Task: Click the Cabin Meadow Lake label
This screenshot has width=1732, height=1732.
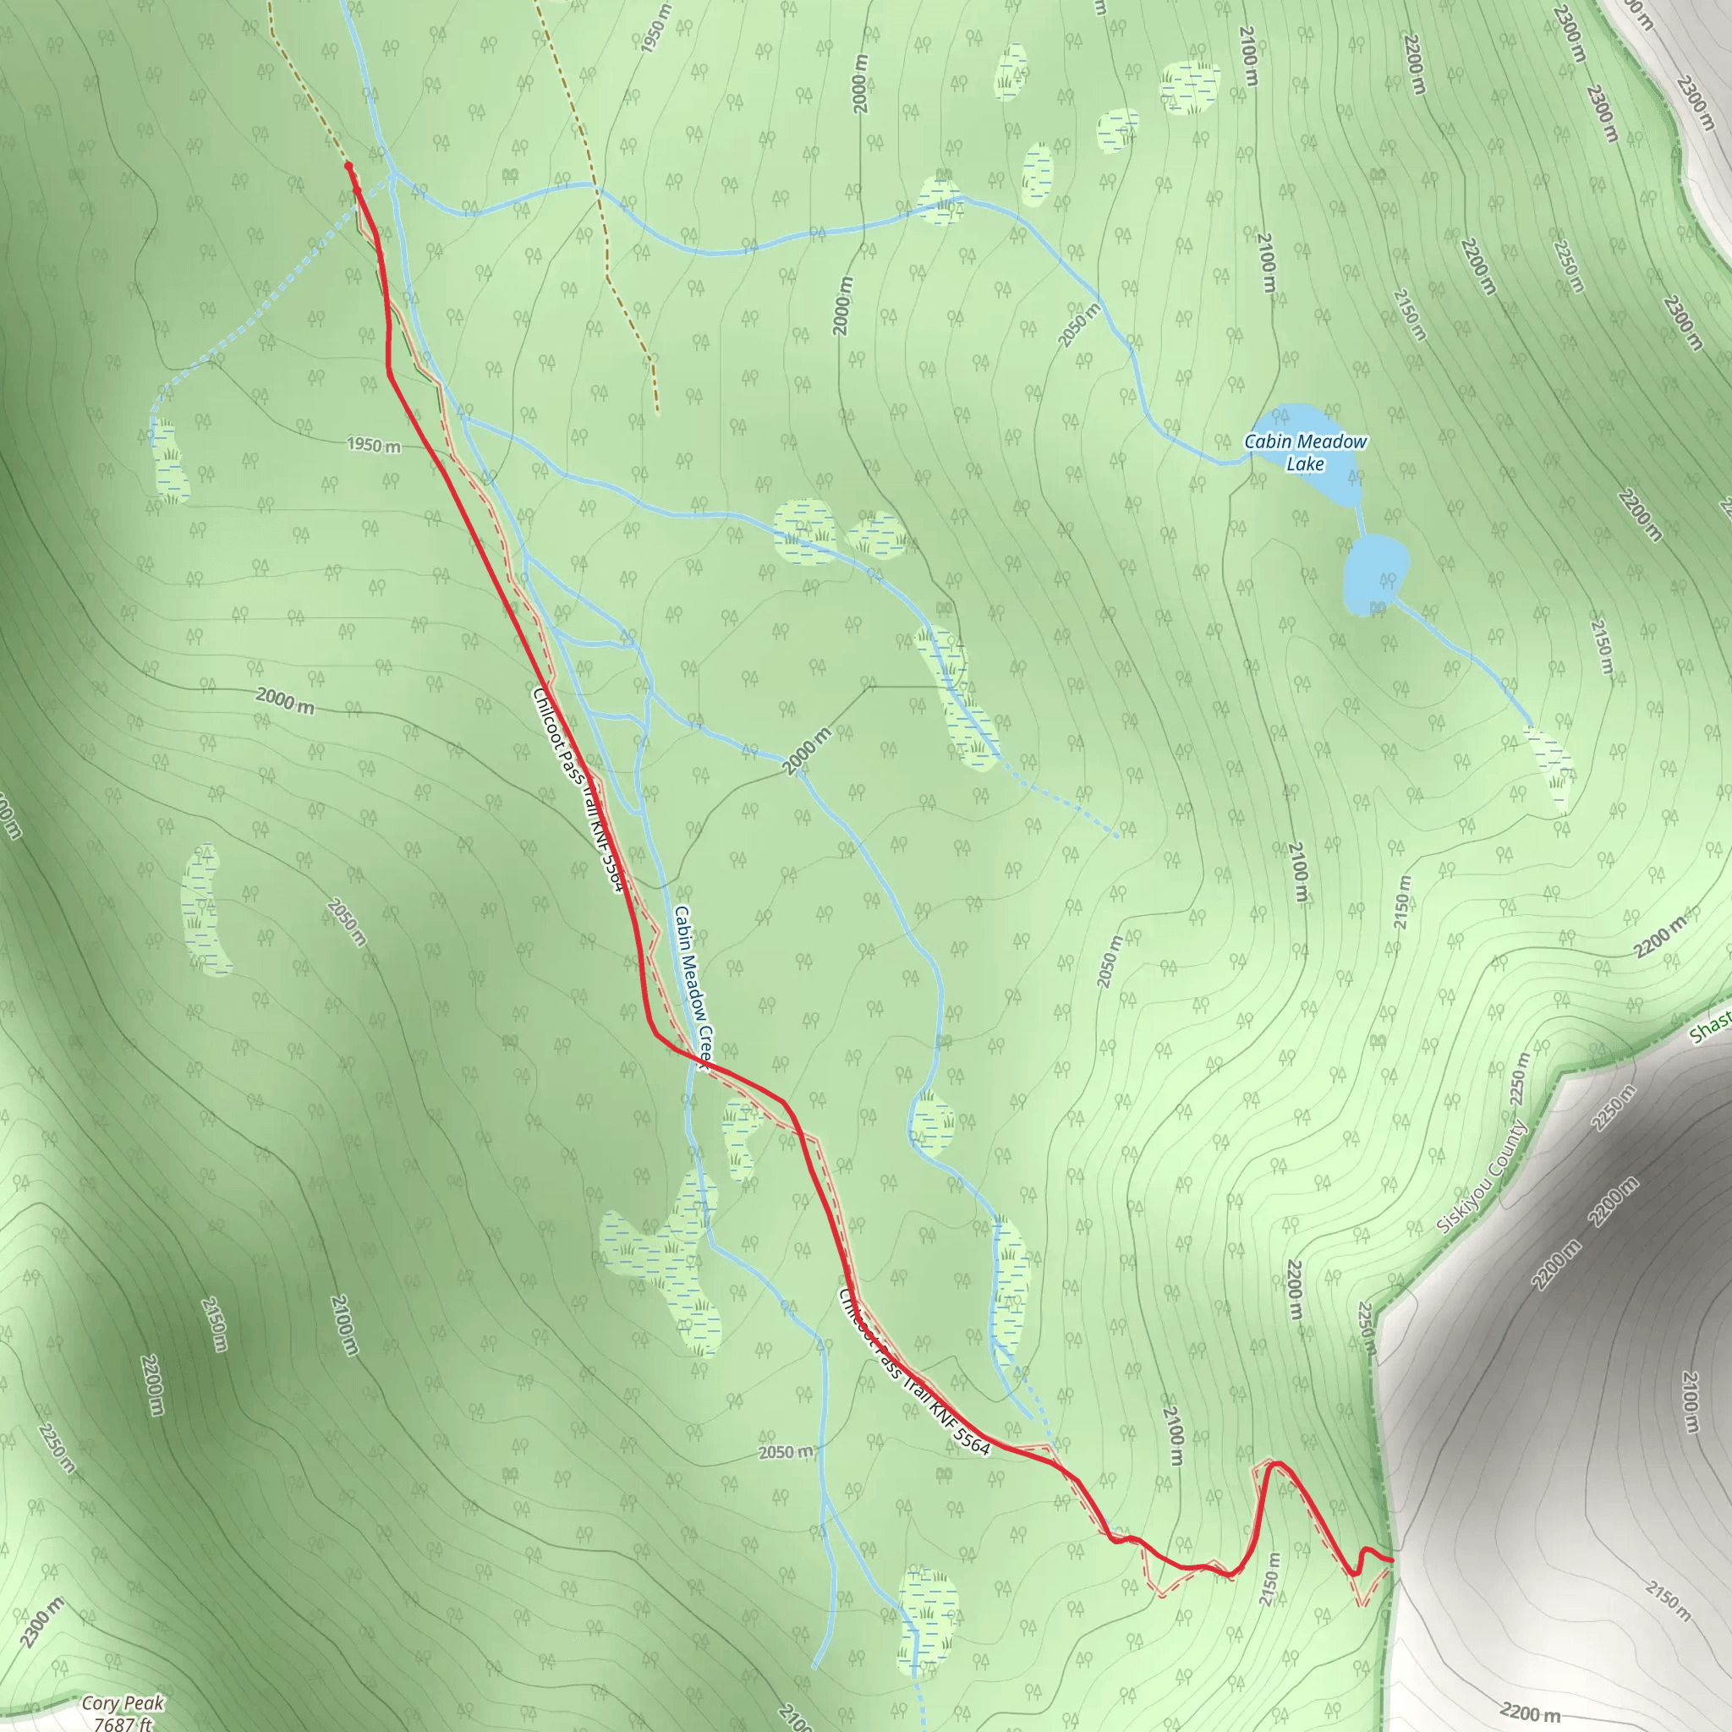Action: point(1304,452)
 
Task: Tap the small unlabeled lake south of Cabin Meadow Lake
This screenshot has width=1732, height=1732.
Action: point(1375,574)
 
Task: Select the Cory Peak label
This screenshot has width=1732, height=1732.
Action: point(123,1702)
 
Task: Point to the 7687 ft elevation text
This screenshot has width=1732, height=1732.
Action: point(123,1722)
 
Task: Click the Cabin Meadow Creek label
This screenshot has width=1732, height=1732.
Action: point(692,986)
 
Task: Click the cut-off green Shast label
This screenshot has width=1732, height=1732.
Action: point(1711,1026)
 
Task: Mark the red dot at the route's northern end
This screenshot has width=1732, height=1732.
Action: point(348,166)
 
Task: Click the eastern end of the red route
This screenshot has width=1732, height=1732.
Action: point(1391,1561)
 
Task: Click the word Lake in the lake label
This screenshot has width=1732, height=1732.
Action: point(1304,463)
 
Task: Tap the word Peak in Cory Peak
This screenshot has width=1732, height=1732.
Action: point(146,1702)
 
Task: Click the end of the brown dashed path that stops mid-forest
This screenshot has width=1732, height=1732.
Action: point(657,414)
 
